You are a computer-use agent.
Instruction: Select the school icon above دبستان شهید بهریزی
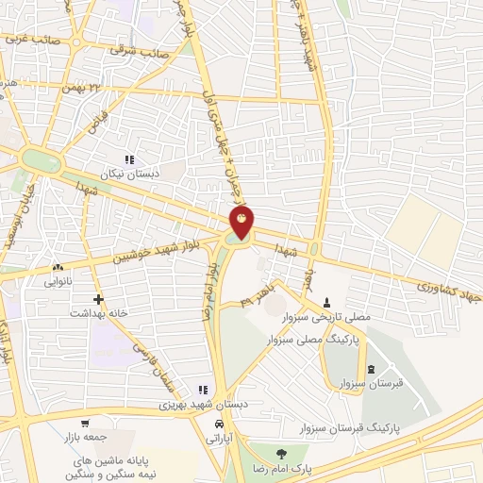point(201,390)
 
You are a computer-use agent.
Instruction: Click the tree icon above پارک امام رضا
point(277,454)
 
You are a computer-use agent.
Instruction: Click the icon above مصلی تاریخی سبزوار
point(327,302)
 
